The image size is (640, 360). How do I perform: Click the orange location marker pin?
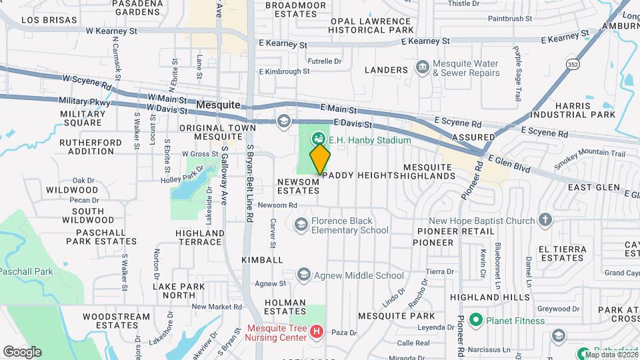tap(320, 158)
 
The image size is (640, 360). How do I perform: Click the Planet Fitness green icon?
tap(475, 321)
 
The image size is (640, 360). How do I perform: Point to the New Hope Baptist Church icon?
tap(545, 221)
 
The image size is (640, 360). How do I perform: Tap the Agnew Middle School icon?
tap(304, 275)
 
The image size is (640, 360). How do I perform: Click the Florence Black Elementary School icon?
tap(301, 225)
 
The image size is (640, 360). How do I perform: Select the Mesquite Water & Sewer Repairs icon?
tap(421, 67)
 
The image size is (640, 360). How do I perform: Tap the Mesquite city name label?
tap(219, 105)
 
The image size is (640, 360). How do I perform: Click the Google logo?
tap(22, 351)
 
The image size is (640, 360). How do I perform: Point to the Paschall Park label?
tap(25, 271)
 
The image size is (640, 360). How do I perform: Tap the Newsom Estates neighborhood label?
tap(299, 186)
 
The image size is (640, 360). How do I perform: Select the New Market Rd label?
tap(216, 307)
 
